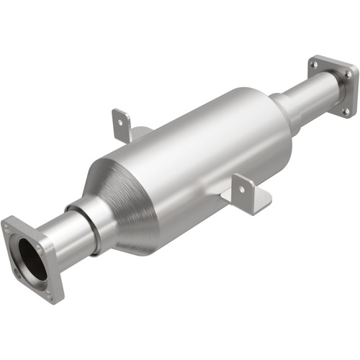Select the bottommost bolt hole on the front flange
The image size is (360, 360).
[x=50, y=293]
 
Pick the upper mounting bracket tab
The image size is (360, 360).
[x=121, y=125]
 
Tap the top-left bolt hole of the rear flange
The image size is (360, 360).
[x=314, y=65]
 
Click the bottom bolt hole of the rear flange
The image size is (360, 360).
[x=344, y=110]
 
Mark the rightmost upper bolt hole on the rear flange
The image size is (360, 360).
[x=348, y=74]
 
